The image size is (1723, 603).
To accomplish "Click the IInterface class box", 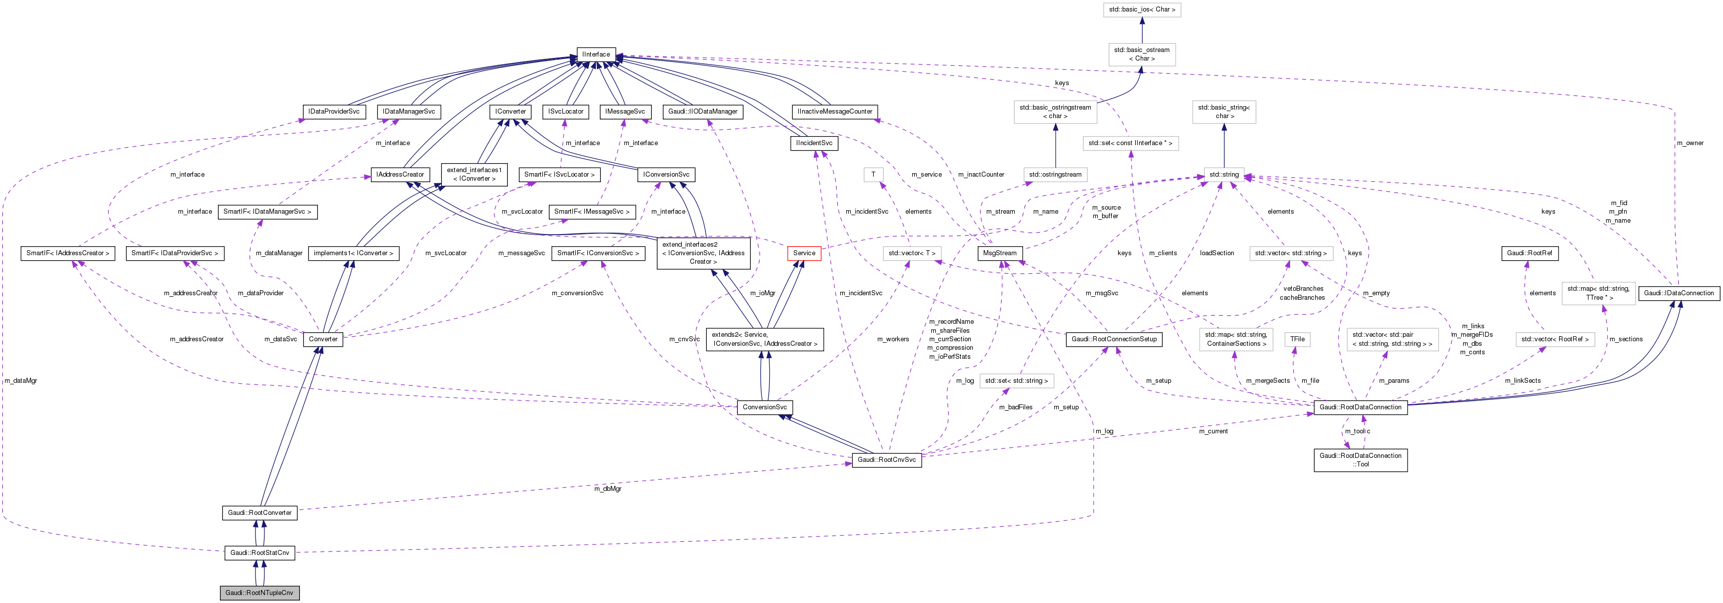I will (595, 54).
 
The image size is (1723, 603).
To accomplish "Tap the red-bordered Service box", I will (804, 253).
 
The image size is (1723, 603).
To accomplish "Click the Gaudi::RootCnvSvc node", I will (886, 460).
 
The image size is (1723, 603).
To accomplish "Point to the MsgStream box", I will (1000, 253).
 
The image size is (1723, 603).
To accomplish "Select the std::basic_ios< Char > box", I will (1141, 10).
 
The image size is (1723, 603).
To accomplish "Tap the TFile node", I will (1297, 339).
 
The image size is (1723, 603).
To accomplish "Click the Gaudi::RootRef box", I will (1530, 253).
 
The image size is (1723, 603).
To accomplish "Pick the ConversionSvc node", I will (764, 407).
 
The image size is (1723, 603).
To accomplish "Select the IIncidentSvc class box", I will (813, 143).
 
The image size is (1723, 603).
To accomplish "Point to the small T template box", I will (873, 175).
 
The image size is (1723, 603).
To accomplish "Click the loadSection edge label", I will (1217, 253).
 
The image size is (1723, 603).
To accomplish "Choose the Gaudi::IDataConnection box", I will (1679, 293).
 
